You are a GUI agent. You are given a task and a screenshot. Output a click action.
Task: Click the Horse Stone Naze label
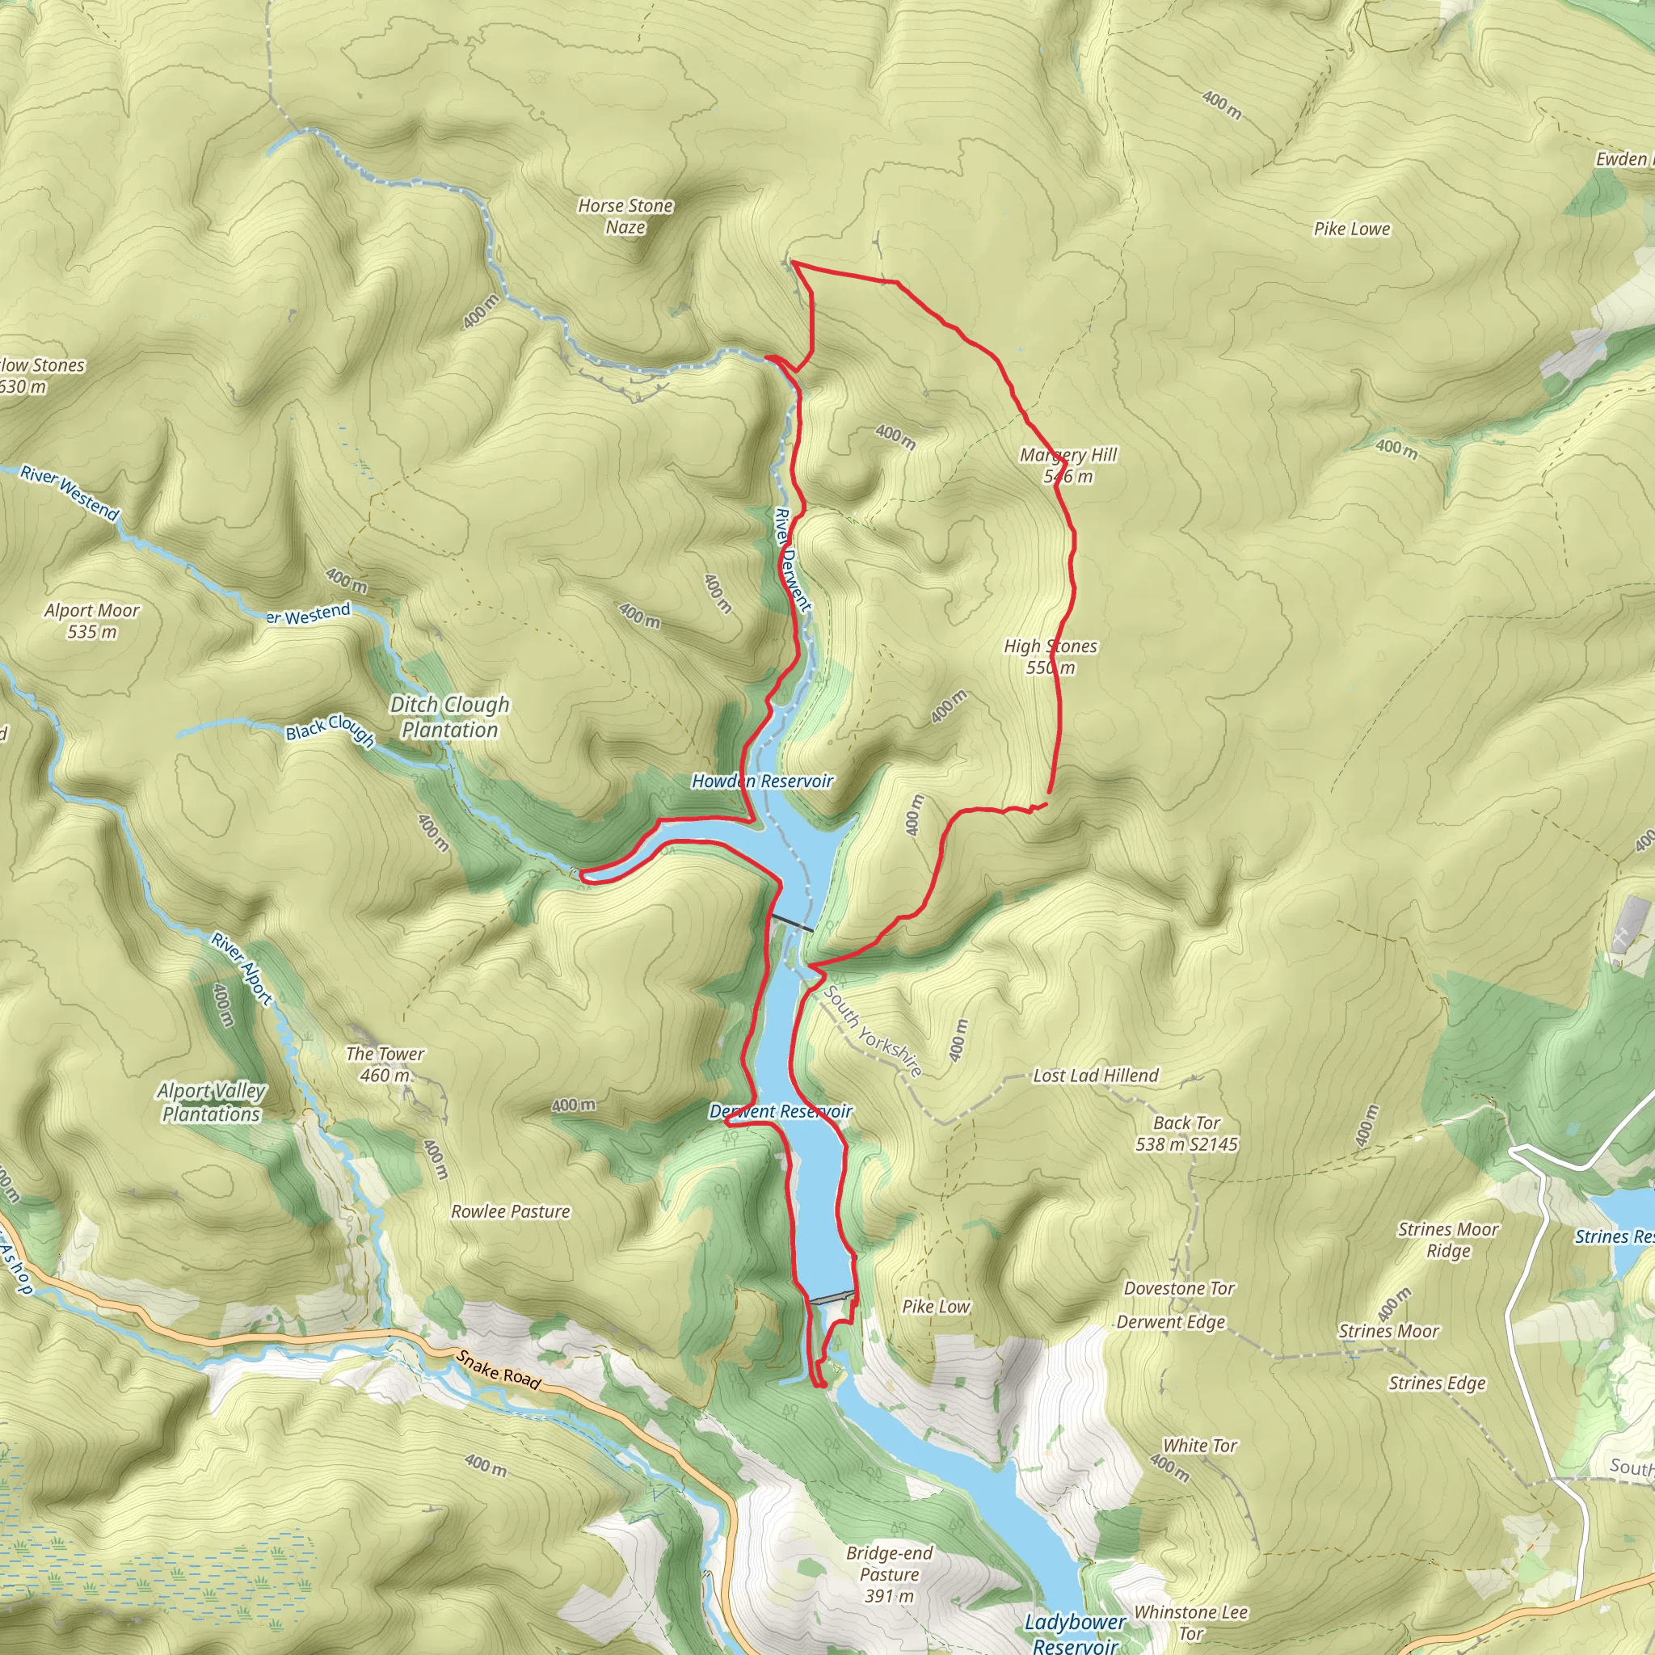[625, 216]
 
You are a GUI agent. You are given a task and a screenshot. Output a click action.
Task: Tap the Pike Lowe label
[1352, 229]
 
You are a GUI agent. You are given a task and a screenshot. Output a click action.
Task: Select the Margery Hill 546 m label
[1068, 465]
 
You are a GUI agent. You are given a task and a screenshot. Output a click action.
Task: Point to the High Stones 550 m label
[1051, 656]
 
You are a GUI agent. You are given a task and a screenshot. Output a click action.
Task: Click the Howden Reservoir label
[762, 781]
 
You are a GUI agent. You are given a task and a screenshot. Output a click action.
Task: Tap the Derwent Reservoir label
[781, 1111]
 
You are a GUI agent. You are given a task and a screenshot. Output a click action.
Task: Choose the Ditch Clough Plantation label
[450, 717]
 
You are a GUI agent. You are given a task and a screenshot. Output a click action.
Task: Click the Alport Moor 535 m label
[91, 620]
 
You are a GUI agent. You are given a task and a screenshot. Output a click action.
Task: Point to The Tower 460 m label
[385, 1064]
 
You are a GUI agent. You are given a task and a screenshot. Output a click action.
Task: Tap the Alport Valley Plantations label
[211, 1101]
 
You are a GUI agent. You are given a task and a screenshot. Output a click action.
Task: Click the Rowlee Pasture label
[511, 1211]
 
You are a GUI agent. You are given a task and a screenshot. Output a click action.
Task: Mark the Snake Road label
[498, 1369]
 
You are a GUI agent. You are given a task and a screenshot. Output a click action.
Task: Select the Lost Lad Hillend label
[1096, 1075]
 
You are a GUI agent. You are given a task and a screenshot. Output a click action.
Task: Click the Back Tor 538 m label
[1186, 1132]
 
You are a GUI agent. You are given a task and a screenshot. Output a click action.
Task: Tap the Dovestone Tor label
[1179, 1288]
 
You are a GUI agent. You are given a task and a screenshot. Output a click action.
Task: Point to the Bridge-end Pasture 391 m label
[889, 1573]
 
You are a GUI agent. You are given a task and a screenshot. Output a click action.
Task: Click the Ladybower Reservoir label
[1075, 1632]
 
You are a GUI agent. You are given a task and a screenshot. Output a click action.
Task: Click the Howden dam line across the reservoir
[794, 923]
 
